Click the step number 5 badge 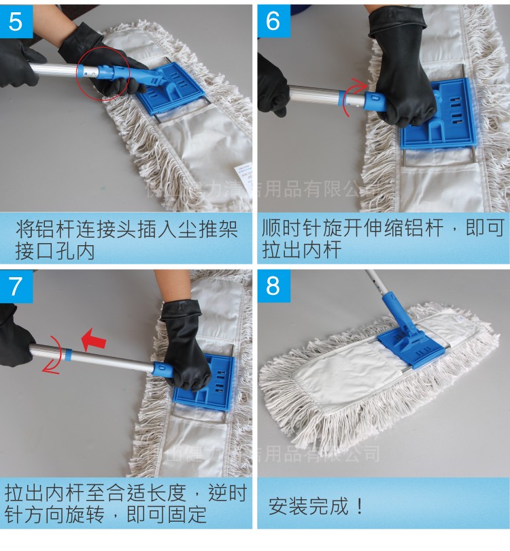pyautogui.click(x=16, y=21)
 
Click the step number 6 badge pyautogui.click(x=273, y=21)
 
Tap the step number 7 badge pyautogui.click(x=16, y=286)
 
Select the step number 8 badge pyautogui.click(x=273, y=286)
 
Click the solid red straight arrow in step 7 pyautogui.click(x=94, y=339)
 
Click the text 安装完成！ pyautogui.click(x=316, y=507)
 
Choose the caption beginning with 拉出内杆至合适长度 pyautogui.click(x=126, y=505)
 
